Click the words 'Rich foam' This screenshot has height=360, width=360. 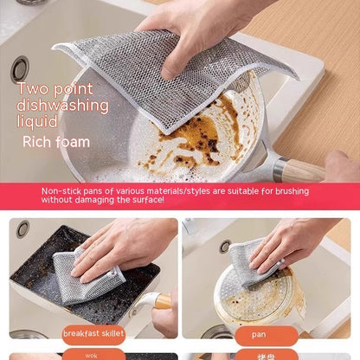tap(57, 141)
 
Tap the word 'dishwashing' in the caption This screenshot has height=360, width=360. tap(62, 106)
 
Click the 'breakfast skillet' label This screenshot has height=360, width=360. tap(93, 332)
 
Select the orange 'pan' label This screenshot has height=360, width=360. tap(260, 332)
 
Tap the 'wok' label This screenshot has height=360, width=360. tap(91, 355)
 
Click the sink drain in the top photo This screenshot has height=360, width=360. tap(19, 67)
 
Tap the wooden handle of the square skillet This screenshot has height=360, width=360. tap(161, 301)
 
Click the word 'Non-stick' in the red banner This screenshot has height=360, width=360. tap(61, 190)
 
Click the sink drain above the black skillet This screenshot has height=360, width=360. tap(22, 228)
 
